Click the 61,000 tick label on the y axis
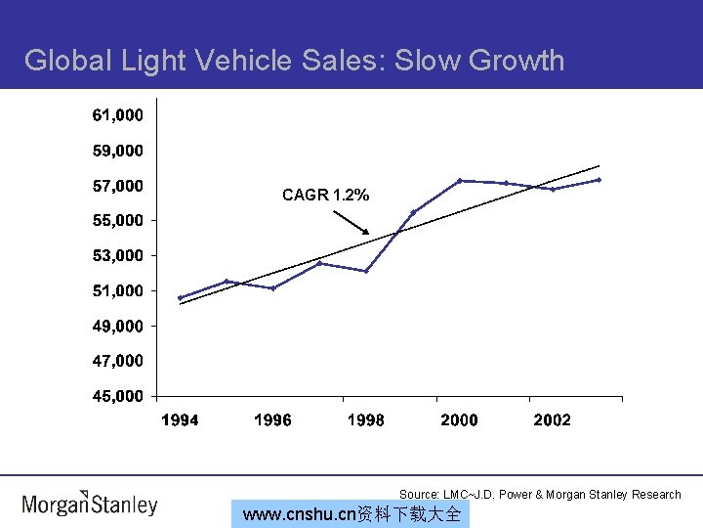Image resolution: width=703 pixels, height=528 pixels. click(117, 115)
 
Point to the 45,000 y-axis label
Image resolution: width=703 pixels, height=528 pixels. click(117, 396)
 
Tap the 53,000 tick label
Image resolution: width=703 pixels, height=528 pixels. click(117, 255)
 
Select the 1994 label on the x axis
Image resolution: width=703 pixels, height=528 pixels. click(180, 420)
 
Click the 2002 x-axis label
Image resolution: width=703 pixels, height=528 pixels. click(553, 420)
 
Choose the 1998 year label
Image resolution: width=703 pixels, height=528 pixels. click(366, 420)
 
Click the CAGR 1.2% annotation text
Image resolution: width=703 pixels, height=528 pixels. click(325, 196)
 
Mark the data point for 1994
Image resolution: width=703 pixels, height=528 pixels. click(180, 297)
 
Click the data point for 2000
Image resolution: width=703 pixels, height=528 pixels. click(460, 180)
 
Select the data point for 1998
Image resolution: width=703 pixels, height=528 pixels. click(366, 271)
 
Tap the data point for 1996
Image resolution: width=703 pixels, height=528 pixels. click(272, 288)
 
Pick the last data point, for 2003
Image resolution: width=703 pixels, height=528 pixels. click(599, 179)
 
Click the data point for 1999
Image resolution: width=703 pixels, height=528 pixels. click(413, 211)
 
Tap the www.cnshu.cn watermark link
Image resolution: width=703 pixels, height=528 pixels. click(351, 514)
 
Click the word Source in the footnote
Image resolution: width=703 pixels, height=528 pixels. click(418, 495)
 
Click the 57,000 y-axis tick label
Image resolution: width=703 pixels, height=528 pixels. click(117, 185)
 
